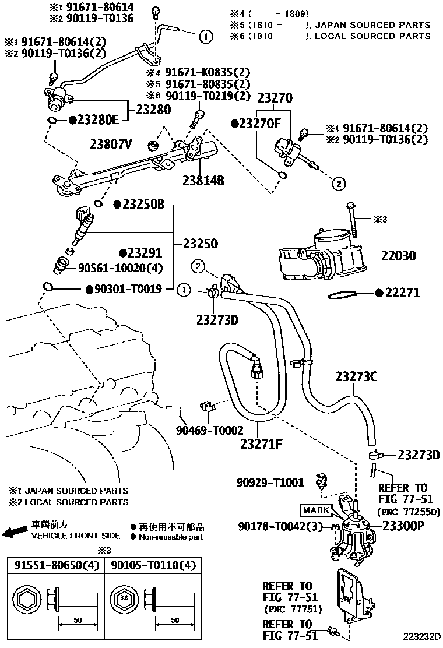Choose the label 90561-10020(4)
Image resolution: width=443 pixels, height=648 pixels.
(121, 268)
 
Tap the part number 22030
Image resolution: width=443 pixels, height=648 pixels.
(400, 255)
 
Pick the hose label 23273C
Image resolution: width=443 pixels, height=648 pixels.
(356, 377)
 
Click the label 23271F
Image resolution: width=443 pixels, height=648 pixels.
(262, 444)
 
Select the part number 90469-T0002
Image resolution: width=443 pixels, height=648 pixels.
(210, 431)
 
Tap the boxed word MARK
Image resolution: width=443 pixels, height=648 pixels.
(316, 510)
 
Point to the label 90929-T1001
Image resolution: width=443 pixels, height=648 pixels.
(270, 482)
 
